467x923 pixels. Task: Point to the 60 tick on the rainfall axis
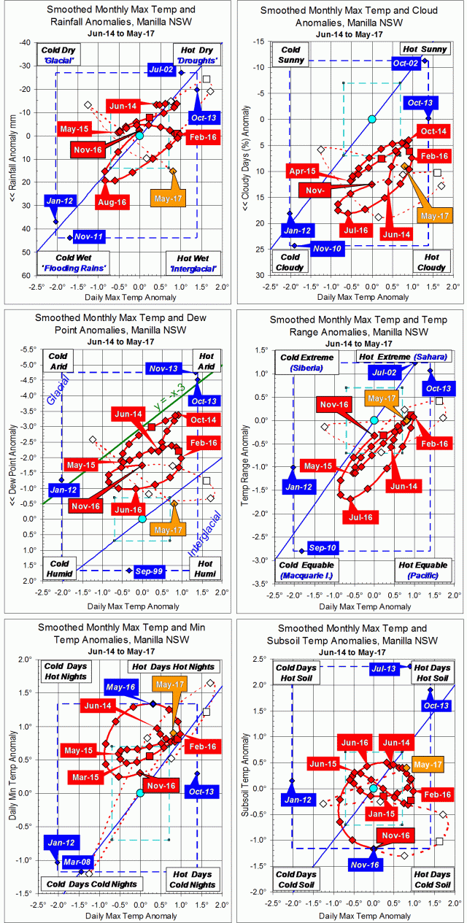pos(23,276)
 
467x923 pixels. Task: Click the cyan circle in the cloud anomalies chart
pos(372,119)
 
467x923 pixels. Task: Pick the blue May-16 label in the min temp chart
pos(121,687)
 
